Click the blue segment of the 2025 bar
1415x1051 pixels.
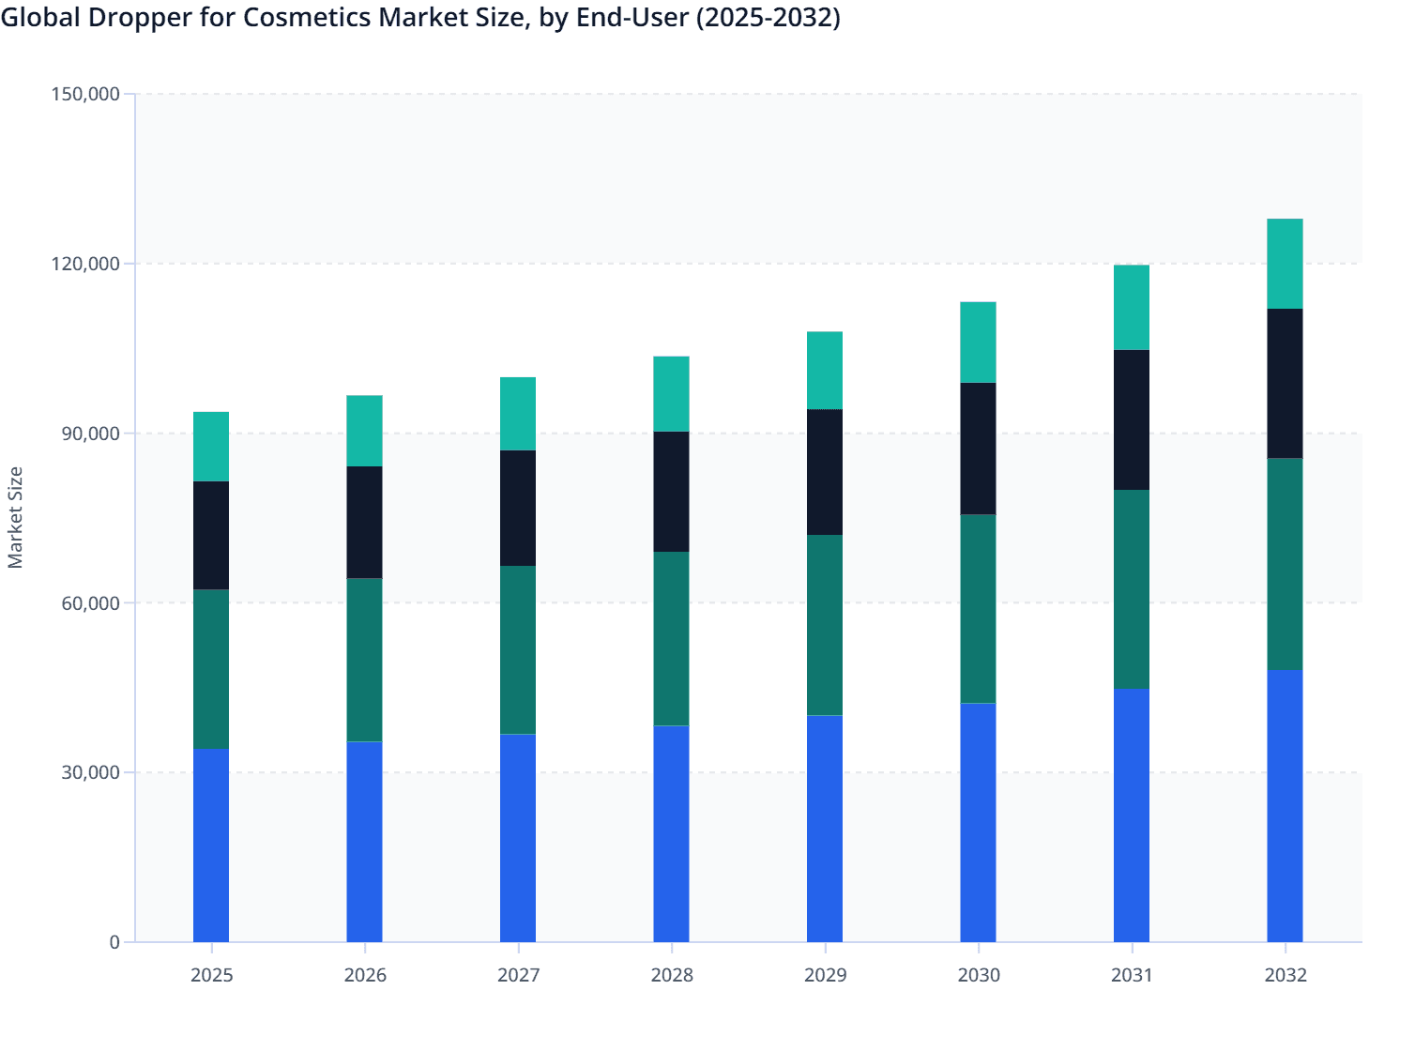(211, 845)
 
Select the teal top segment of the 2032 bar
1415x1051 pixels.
(1285, 264)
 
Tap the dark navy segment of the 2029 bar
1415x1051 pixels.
(825, 472)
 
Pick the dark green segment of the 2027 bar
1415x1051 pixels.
(518, 649)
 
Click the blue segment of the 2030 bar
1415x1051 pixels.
(978, 822)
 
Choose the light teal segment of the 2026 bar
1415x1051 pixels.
(364, 431)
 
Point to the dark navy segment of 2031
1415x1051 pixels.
(1132, 419)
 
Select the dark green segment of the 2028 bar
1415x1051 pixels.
(671, 638)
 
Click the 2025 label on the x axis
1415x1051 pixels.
(211, 975)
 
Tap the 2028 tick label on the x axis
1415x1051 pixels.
(671, 975)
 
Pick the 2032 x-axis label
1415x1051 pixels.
(1285, 975)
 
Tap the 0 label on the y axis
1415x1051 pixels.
(114, 942)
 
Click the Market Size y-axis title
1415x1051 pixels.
(16, 517)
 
